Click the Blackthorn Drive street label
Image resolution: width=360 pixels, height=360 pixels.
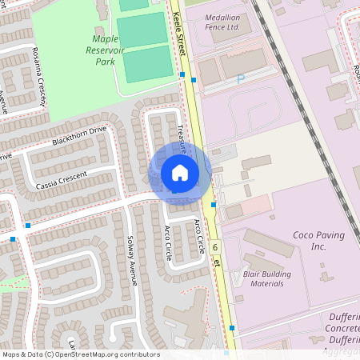(x=78, y=137)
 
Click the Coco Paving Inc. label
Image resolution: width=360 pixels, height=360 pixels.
(x=318, y=241)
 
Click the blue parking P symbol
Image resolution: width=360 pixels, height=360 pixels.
(x=240, y=79)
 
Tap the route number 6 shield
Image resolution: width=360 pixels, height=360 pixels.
(x=216, y=247)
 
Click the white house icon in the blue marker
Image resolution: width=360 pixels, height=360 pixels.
(x=180, y=173)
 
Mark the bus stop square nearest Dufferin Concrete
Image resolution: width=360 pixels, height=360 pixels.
(x=232, y=328)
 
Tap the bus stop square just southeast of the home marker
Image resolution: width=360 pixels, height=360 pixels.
(x=214, y=205)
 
